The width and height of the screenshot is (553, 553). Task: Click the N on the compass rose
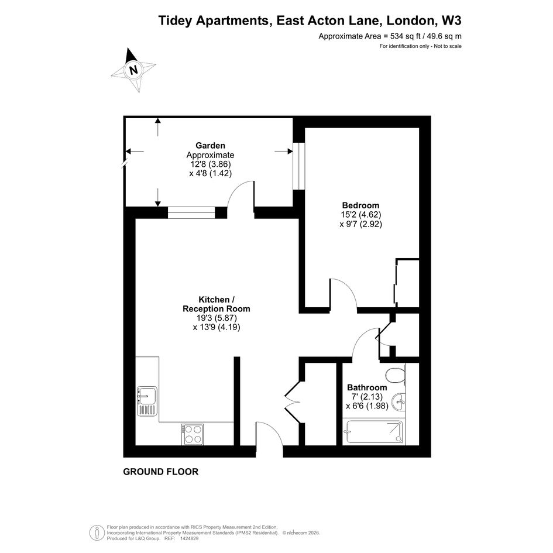click(x=133, y=70)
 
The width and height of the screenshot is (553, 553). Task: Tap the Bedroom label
click(x=361, y=205)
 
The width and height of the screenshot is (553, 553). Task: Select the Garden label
click(x=210, y=145)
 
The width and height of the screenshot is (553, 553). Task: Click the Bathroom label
click(x=367, y=387)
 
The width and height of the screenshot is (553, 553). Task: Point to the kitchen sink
click(x=147, y=401)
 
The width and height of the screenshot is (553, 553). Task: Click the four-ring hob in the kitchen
click(x=193, y=434)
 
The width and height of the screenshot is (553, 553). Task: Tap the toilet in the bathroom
click(x=396, y=375)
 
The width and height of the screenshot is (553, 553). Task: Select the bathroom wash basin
click(x=400, y=401)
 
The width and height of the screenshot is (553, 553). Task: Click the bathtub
click(x=375, y=432)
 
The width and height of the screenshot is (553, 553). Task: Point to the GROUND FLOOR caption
click(x=161, y=472)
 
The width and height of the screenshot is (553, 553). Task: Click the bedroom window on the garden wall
click(x=298, y=166)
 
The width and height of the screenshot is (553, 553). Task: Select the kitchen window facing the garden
click(x=191, y=213)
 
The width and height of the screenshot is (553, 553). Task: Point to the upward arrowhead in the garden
click(x=157, y=121)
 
